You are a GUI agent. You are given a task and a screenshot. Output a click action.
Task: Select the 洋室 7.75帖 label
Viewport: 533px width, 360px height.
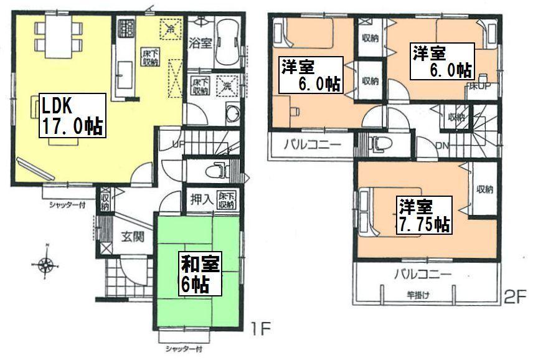click(424, 215)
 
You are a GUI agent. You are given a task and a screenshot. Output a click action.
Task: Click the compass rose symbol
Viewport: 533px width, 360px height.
click(45, 266)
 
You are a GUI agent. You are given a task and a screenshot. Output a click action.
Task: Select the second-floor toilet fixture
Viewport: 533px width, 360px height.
click(378, 144)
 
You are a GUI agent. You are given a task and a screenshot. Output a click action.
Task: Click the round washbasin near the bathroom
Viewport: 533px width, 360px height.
click(232, 113)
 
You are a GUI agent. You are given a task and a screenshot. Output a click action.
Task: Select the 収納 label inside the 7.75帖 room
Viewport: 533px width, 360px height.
click(484, 189)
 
